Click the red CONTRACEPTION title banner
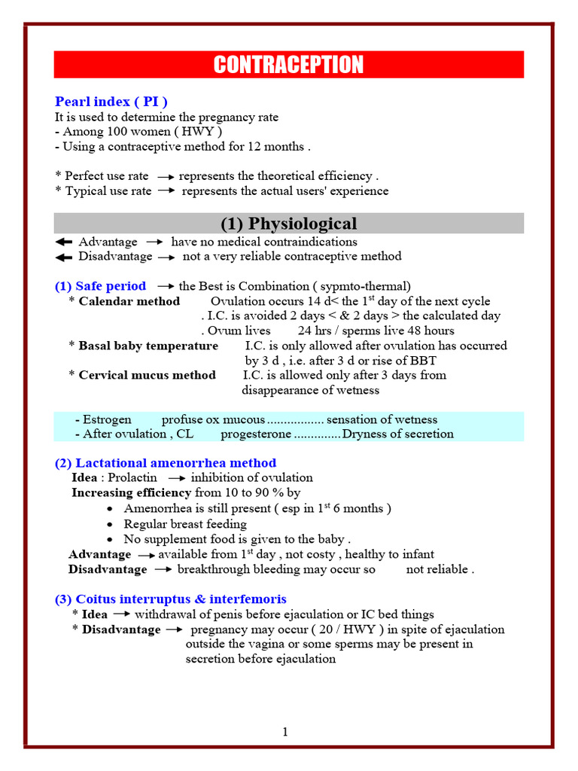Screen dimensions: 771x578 (x=289, y=65)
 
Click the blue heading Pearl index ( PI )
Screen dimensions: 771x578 (x=111, y=102)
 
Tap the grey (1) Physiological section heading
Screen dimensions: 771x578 (x=289, y=224)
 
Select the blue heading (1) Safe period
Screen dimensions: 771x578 (x=101, y=286)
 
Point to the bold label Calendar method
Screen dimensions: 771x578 (x=129, y=301)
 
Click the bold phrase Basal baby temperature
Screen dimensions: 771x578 (x=148, y=346)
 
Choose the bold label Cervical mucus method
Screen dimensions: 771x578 (x=147, y=375)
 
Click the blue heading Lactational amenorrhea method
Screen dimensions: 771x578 (x=166, y=463)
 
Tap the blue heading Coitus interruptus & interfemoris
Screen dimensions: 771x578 (x=171, y=599)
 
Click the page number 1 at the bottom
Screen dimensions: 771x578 (x=286, y=732)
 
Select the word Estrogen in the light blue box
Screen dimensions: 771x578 (x=108, y=419)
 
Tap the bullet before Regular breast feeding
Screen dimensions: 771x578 (x=111, y=524)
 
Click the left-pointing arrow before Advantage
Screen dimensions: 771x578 (x=64, y=242)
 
